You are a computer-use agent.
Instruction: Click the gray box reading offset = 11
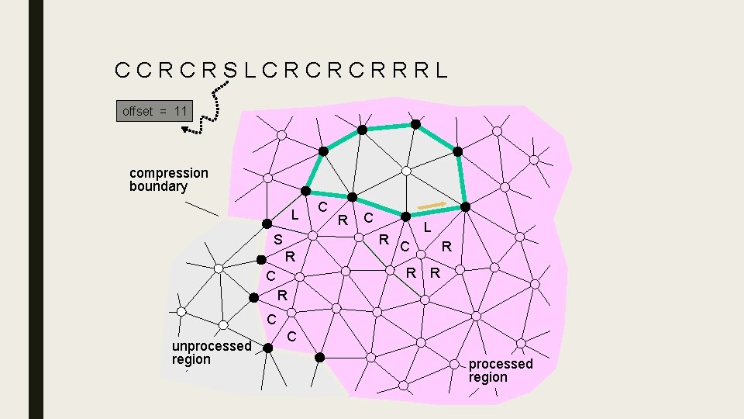pyautogui.click(x=154, y=111)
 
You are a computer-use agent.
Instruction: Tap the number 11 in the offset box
pyautogui.click(x=181, y=112)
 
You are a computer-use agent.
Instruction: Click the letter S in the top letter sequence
pyautogui.click(x=230, y=71)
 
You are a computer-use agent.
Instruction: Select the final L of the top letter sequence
pyautogui.click(x=441, y=71)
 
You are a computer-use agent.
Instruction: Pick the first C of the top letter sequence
pyautogui.click(x=122, y=71)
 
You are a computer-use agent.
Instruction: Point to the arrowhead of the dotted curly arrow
pyautogui.click(x=188, y=130)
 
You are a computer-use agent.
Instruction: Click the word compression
pyautogui.click(x=169, y=172)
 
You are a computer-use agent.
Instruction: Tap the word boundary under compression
pyautogui.click(x=158, y=186)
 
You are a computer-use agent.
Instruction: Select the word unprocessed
pyautogui.click(x=212, y=346)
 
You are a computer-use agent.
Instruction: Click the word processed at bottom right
pyautogui.click(x=501, y=364)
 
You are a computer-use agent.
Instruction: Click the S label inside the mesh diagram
pyautogui.click(x=277, y=240)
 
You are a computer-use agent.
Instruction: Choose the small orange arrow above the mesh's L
pyautogui.click(x=432, y=206)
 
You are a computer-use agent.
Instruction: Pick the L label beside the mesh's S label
pyautogui.click(x=294, y=213)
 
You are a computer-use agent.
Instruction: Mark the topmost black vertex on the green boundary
pyautogui.click(x=415, y=123)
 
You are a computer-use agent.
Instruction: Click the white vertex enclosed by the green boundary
pyautogui.click(x=405, y=171)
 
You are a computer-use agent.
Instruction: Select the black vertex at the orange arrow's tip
pyautogui.click(x=466, y=207)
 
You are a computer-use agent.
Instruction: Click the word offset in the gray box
pyautogui.click(x=138, y=112)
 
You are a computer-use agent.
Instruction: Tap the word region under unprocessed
pyautogui.click(x=191, y=359)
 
